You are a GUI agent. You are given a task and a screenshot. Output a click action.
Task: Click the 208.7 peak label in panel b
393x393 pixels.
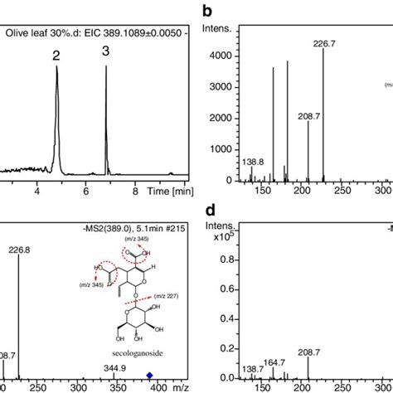(308, 114)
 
